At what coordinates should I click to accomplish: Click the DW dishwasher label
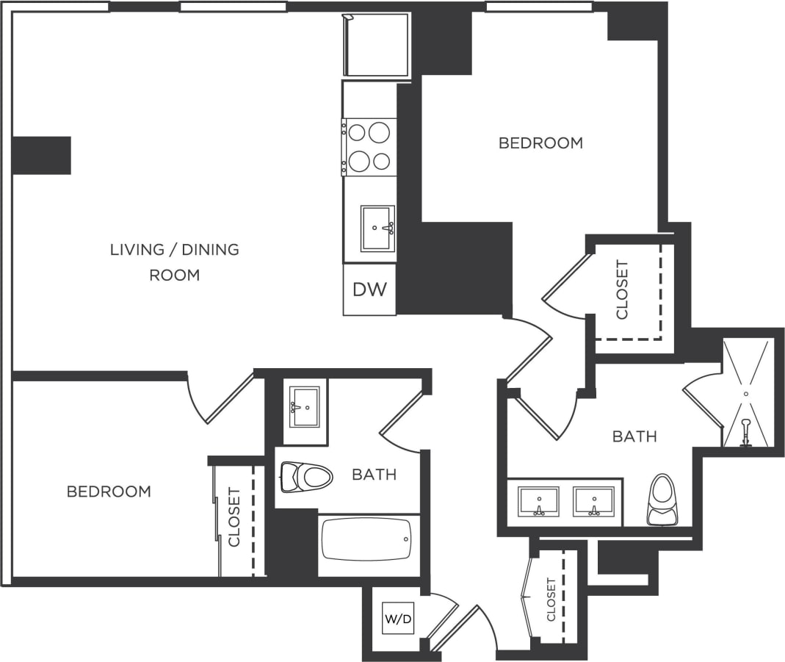coord(369,289)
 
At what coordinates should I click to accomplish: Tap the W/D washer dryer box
coord(398,619)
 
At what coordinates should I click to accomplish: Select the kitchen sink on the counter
coord(377,228)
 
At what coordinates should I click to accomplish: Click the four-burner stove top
coord(369,146)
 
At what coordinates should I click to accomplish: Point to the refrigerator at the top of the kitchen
coord(377,45)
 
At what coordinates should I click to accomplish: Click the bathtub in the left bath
coord(368,539)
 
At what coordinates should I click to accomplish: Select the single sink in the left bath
coord(304,406)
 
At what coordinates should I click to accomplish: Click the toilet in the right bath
coord(661,500)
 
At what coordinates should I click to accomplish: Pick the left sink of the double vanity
coord(538,501)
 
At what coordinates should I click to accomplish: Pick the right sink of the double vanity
coord(593,501)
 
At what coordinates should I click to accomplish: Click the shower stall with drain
coord(747,393)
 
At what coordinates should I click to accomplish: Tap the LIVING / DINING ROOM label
coord(175,262)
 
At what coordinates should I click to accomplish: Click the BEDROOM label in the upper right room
coord(540,143)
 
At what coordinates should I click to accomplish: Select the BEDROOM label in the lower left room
coord(109,492)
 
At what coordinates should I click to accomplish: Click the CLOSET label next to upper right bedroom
coord(623,289)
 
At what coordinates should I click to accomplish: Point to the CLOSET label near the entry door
coord(551,600)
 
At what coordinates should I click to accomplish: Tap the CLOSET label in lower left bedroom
coord(234,517)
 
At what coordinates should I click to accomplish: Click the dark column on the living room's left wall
coord(42,155)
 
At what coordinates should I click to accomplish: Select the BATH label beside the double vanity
coord(634,437)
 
